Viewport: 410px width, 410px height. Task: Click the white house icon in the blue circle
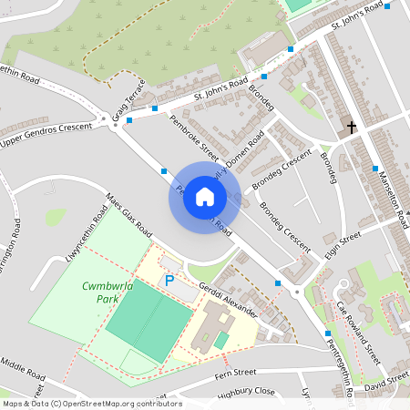point(204,197)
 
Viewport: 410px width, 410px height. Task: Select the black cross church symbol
point(352,127)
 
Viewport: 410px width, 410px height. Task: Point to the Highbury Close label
point(246,392)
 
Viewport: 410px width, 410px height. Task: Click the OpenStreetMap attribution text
point(91,404)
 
